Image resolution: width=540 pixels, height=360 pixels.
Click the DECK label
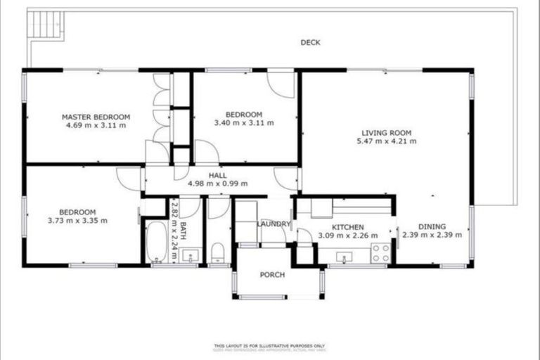click(310, 42)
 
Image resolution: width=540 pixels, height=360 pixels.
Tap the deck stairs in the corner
click(44, 26)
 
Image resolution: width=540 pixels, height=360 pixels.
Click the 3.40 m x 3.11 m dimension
click(244, 123)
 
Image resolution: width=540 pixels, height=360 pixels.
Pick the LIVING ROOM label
click(386, 132)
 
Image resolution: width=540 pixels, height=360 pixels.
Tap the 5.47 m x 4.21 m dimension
click(386, 141)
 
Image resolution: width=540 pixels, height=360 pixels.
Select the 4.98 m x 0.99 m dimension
click(218, 184)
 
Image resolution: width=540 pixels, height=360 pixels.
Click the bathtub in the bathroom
click(155, 242)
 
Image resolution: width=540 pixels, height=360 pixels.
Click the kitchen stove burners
click(380, 253)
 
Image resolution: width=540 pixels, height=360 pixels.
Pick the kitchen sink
click(344, 257)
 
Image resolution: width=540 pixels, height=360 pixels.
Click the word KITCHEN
click(347, 227)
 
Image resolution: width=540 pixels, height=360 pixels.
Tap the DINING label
click(432, 226)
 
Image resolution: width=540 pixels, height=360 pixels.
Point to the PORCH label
click(272, 275)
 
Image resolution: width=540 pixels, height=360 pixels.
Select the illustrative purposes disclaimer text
click(270, 346)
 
